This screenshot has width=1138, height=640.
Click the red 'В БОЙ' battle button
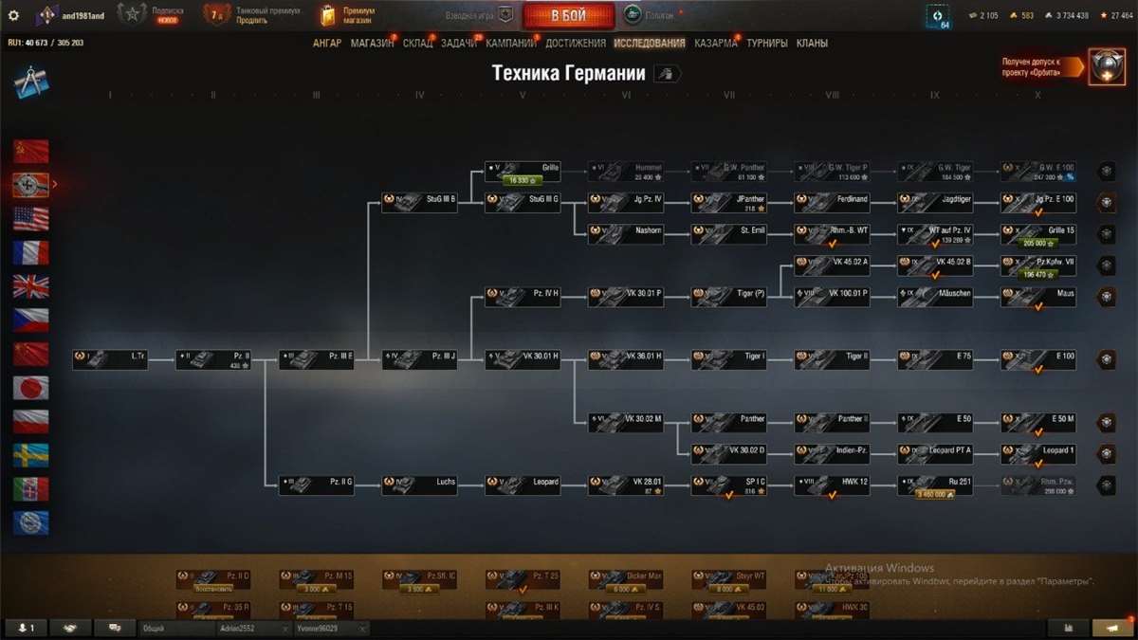pyautogui.click(x=568, y=15)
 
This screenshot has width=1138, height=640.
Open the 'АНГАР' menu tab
pyautogui.click(x=327, y=43)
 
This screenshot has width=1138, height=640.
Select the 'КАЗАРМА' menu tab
pyautogui.click(x=715, y=43)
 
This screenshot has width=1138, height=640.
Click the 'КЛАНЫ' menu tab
pyautogui.click(x=812, y=43)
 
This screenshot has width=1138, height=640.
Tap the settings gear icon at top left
pyautogui.click(x=13, y=15)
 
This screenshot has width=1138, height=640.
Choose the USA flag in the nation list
pyautogui.click(x=31, y=219)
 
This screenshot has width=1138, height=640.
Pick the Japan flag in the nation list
pyautogui.click(x=31, y=388)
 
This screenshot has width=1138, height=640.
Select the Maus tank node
pyautogui.click(x=1037, y=297)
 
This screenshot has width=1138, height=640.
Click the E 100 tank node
pyautogui.click(x=1037, y=359)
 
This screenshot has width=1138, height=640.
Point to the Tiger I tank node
pyautogui.click(x=728, y=359)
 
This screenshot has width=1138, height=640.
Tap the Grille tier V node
pyautogui.click(x=522, y=171)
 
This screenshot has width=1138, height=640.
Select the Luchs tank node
pyautogui.click(x=419, y=485)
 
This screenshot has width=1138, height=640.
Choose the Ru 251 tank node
pyautogui.click(x=935, y=485)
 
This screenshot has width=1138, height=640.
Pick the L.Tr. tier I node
pyautogui.click(x=110, y=359)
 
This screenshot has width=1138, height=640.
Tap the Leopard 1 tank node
pyautogui.click(x=1037, y=453)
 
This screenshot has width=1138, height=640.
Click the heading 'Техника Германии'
pyautogui.click(x=569, y=74)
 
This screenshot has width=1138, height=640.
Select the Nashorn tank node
pyautogui.click(x=625, y=233)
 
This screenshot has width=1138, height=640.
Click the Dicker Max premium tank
pyautogui.click(x=625, y=579)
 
